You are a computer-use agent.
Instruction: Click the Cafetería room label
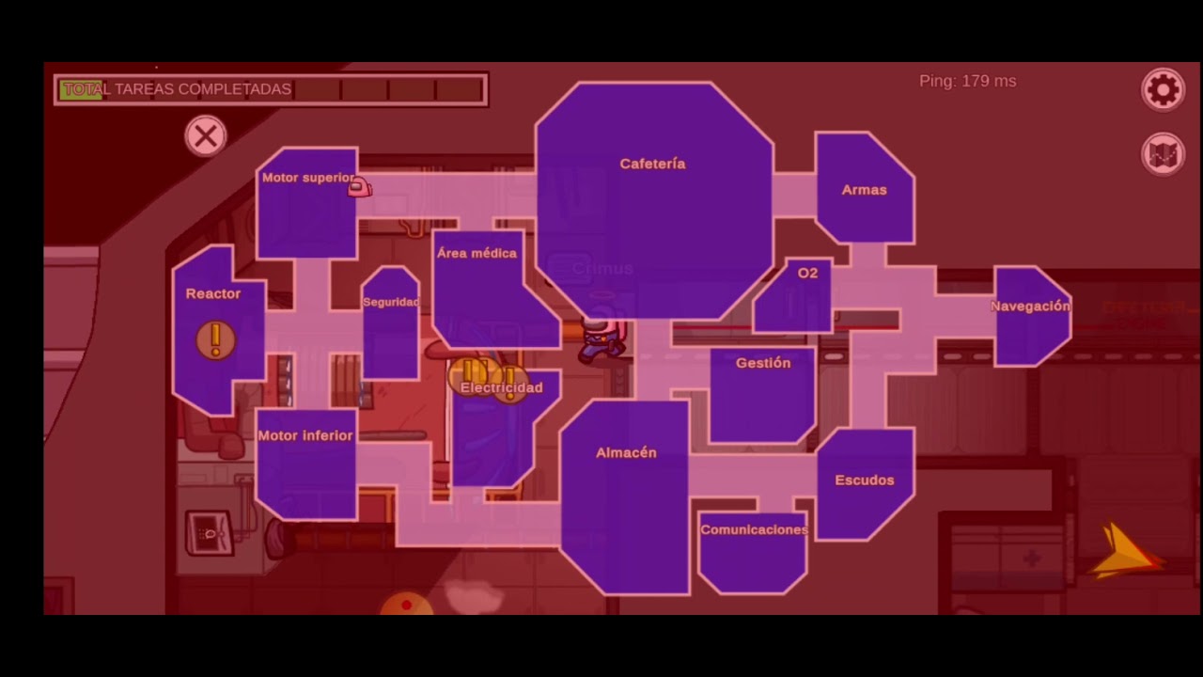[652, 164]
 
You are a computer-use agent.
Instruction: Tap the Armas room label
[864, 190]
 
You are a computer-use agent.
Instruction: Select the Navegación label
[1030, 307]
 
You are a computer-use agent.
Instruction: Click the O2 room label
[807, 274]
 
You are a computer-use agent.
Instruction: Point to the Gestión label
[763, 363]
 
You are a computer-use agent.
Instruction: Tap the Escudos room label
[864, 480]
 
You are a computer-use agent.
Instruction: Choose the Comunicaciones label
[754, 530]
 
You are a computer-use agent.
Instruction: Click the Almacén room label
[626, 453]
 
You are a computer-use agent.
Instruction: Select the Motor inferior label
[305, 436]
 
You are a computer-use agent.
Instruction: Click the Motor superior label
[307, 178]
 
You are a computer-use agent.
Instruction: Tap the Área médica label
[477, 254]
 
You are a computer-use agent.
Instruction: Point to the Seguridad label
[391, 302]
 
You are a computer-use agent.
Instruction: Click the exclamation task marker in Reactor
[216, 339]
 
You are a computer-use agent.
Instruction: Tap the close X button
[205, 136]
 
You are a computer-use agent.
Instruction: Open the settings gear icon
[1163, 90]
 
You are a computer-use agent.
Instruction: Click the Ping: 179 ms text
[967, 82]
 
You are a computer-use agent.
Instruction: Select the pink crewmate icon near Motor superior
[360, 188]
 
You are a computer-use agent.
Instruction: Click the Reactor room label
[213, 294]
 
